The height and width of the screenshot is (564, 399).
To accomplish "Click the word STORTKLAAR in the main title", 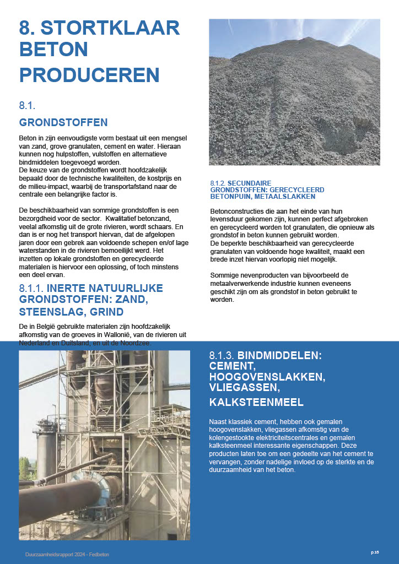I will tap(114, 28).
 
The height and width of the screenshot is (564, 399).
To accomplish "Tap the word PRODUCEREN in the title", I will tap(89, 74).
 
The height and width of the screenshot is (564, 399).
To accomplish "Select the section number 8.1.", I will tap(27, 104).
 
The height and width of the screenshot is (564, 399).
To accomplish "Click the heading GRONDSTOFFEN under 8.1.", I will tap(63, 122).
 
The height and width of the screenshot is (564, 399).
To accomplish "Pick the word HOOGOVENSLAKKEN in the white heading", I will tap(267, 377).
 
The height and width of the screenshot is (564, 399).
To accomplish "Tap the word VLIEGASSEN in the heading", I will tap(241, 389).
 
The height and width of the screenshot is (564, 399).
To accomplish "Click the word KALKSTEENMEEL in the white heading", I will tap(256, 402).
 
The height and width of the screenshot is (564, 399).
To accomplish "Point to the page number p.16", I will tap(375, 552).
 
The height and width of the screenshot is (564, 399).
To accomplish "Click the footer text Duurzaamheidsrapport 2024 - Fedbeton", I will tap(67, 554).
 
